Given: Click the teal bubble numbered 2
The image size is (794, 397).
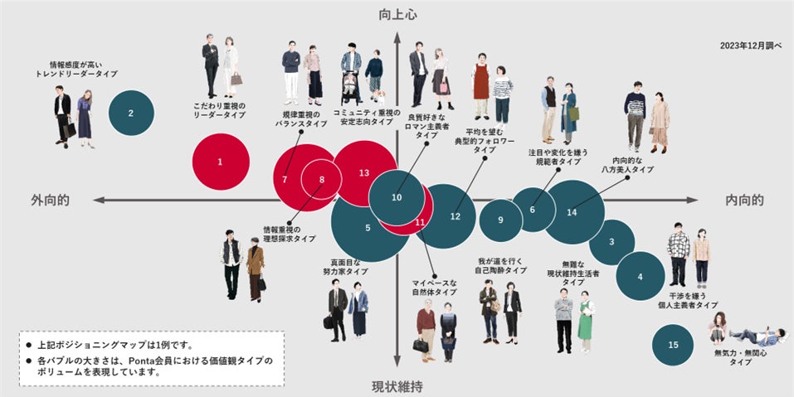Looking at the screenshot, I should (x=130, y=114).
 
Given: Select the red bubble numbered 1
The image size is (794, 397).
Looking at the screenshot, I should (x=220, y=162).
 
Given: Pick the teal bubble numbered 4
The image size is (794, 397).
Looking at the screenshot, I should (x=641, y=277).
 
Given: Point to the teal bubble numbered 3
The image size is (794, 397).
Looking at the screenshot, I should (x=611, y=242).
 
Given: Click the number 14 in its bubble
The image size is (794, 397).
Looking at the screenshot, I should (x=572, y=212).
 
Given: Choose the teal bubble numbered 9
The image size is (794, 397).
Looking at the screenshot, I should (x=501, y=220).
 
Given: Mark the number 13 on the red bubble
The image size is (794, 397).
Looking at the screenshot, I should (x=363, y=173).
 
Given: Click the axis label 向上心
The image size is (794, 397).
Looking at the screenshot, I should (x=397, y=15).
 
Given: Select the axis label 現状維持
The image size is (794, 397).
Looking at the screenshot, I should (x=397, y=386).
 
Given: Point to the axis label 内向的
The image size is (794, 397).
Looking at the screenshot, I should (x=744, y=200).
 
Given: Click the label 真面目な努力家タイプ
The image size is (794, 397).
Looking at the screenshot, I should (x=345, y=267).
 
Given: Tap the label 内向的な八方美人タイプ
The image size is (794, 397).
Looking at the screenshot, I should (x=633, y=164).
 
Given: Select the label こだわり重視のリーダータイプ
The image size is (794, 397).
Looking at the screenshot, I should (x=220, y=110).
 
